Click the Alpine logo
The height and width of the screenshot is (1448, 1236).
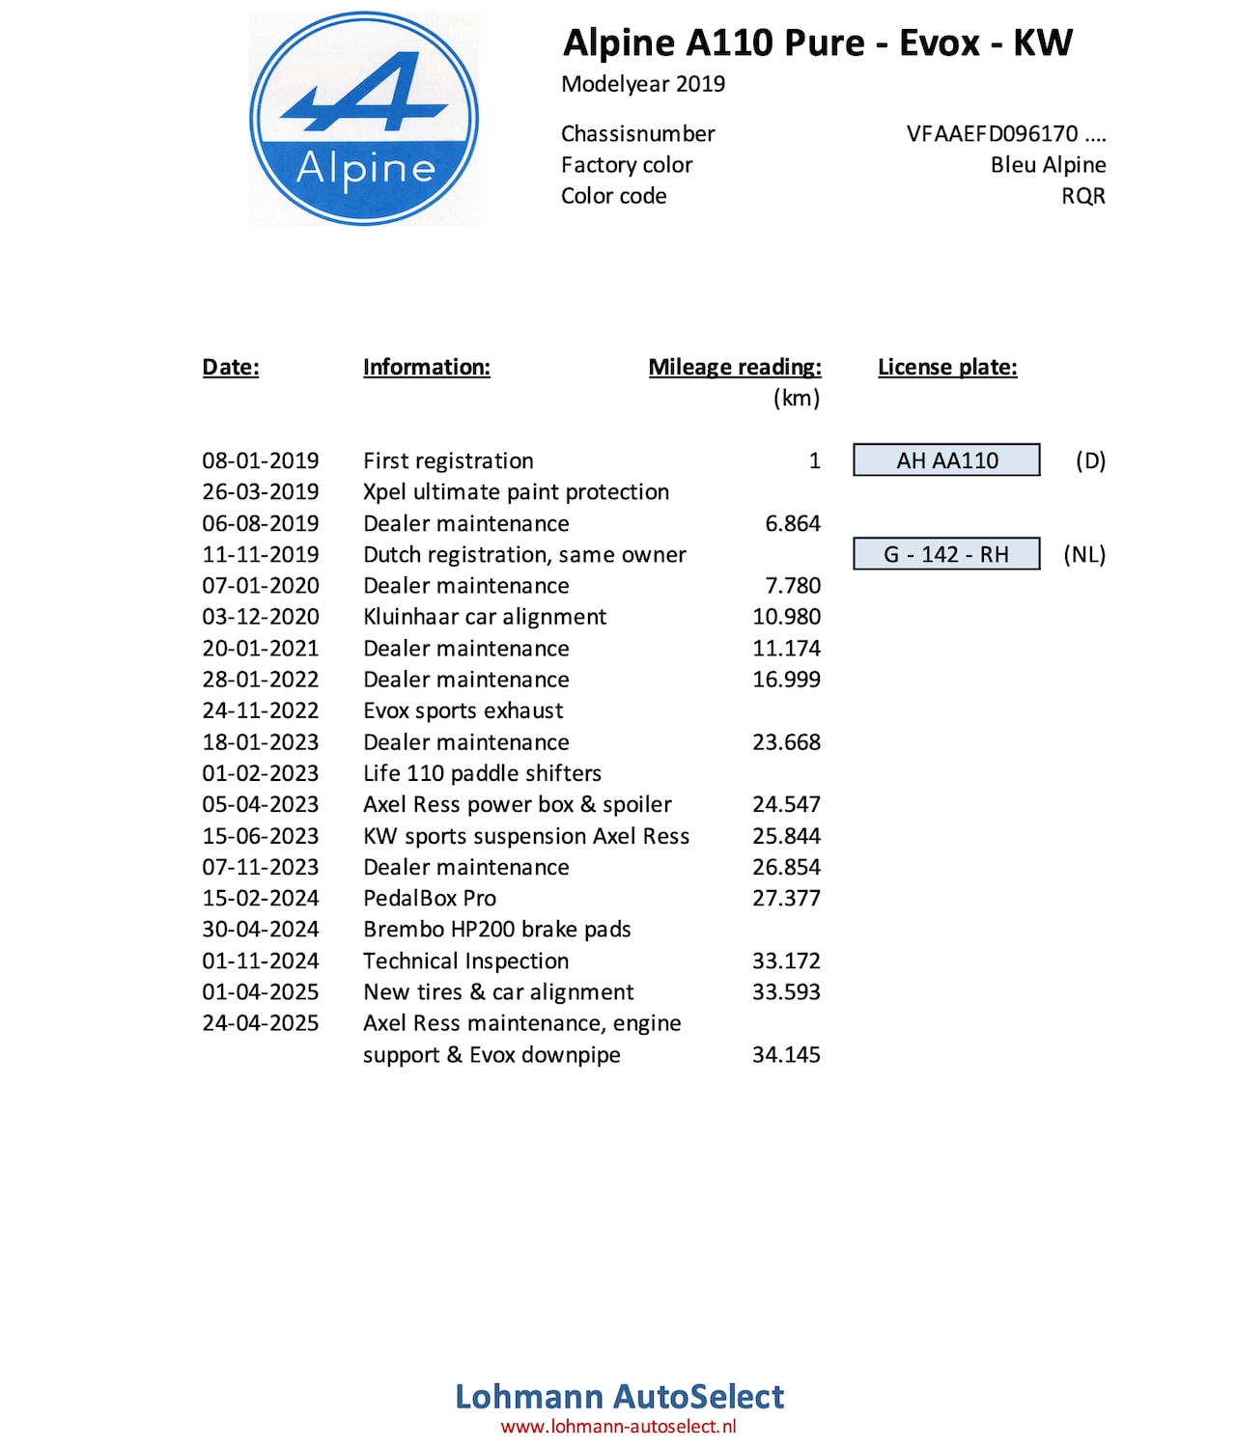coord(363,119)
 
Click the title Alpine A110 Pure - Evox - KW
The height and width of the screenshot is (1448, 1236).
coord(817,43)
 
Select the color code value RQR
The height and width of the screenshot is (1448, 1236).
coord(1082,196)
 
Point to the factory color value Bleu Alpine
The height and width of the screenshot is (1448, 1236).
coord(1048,165)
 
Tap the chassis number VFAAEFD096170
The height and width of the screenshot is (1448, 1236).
coord(1005,134)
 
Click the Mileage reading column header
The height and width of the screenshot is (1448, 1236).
coord(734,367)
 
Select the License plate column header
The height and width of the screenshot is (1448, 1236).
coord(946,367)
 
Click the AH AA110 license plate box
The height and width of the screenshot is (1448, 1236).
coord(946,460)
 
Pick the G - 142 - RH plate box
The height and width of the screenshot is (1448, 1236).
coord(946,554)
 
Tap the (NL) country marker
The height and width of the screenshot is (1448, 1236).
coord(1083,554)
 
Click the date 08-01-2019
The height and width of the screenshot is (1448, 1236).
coord(260,460)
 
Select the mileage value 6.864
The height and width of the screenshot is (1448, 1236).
coord(792,523)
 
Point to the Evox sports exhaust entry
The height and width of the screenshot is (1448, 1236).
coord(463,710)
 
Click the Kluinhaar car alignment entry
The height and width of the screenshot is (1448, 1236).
coord(485,617)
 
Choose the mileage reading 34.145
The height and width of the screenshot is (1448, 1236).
coord(786,1054)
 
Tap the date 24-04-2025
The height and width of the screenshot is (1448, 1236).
coord(260,1023)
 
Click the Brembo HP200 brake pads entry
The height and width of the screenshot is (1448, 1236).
coord(496,930)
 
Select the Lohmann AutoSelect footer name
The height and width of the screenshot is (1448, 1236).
coord(619,1396)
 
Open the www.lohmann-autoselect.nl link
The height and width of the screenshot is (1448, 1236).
coord(618,1427)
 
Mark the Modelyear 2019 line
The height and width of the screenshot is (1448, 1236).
coord(643,84)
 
